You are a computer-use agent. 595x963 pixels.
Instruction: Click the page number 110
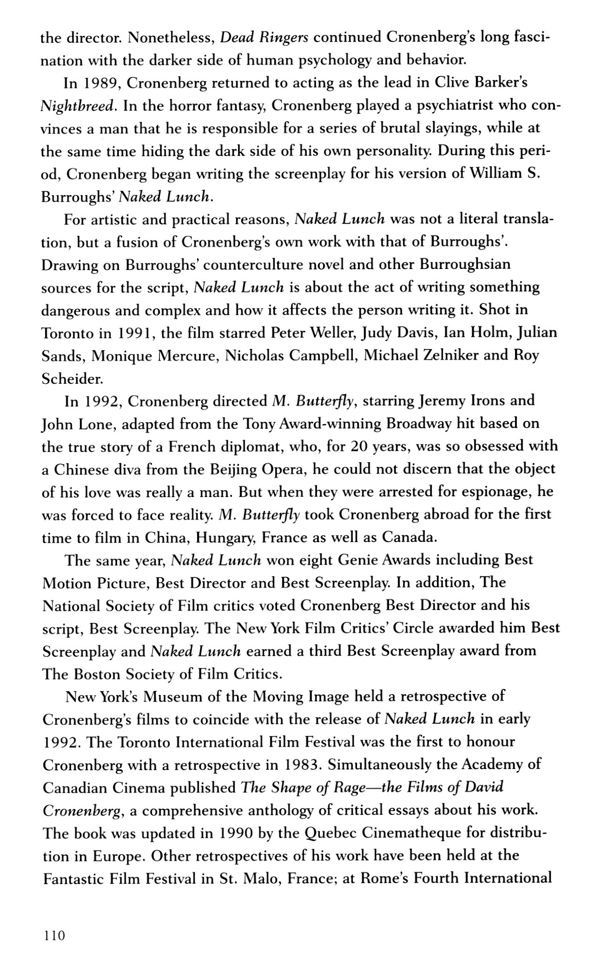pos(53,936)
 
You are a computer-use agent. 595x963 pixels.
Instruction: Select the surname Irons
pos(474,401)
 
